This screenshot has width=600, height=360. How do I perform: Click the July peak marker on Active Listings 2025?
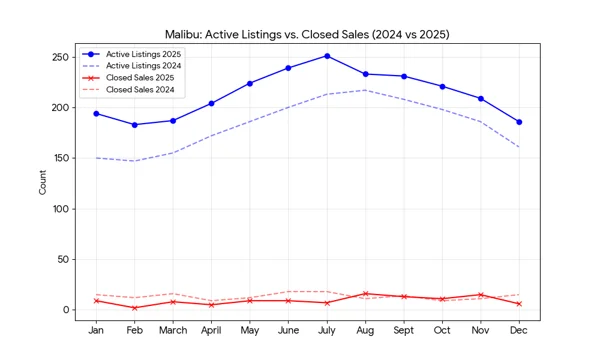click(326, 56)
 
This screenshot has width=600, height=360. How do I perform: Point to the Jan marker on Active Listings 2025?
click(96, 113)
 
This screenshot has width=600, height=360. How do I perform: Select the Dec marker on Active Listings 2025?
click(518, 122)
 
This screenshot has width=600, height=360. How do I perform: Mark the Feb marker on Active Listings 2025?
click(134, 125)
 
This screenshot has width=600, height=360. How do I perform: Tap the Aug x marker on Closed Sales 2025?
click(365, 294)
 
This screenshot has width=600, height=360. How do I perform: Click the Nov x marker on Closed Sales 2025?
click(480, 295)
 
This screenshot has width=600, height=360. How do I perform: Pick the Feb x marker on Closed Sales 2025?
click(134, 308)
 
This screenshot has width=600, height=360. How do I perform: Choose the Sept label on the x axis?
click(403, 331)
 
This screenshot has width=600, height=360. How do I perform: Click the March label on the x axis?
click(173, 331)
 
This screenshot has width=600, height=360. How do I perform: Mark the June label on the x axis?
click(288, 331)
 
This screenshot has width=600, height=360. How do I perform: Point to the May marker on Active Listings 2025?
click(249, 84)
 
